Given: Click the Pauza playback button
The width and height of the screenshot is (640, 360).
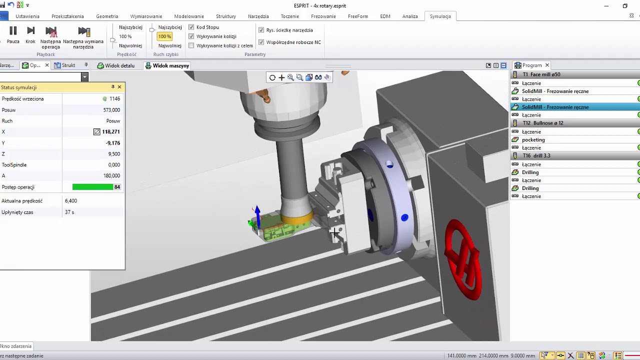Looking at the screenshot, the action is (x=13, y=35).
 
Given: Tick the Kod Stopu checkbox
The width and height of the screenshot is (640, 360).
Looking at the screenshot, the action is (x=191, y=27).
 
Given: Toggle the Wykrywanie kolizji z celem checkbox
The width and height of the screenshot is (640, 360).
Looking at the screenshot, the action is (x=191, y=45).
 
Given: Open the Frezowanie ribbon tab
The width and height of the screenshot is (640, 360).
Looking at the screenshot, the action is (x=323, y=16).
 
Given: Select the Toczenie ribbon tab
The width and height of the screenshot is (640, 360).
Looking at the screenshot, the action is (x=289, y=16).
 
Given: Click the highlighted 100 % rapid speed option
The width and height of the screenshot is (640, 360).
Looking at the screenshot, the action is (x=164, y=36).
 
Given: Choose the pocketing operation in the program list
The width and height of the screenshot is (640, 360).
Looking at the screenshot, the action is (x=533, y=139).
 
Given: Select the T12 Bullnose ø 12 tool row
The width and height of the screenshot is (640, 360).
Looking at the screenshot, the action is (x=543, y=123).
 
